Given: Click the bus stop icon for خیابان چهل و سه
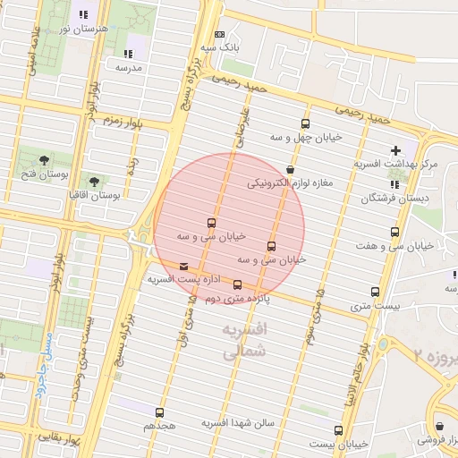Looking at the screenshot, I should (x=306, y=124).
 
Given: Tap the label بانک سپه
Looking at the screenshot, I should (x=220, y=46).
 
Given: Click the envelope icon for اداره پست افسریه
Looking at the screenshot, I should (x=183, y=266).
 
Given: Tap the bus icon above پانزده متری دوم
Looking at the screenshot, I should (x=237, y=285).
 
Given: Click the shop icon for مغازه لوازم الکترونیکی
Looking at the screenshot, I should (x=290, y=169).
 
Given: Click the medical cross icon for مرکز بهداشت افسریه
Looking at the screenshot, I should (x=395, y=150).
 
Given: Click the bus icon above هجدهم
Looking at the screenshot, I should (x=159, y=412).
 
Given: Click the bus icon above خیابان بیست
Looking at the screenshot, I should (x=338, y=430).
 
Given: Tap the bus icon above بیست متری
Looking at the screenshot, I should (x=374, y=293).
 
